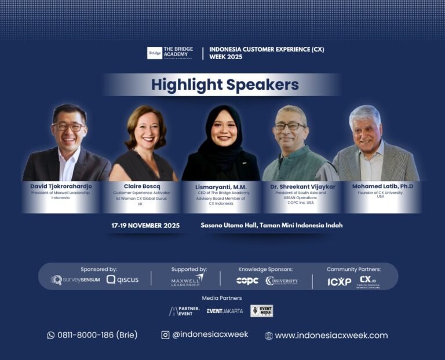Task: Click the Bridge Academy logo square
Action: click(155, 53)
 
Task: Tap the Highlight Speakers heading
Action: click(225, 85)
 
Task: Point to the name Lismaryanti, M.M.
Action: click(221, 186)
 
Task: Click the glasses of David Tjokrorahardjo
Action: click(69, 126)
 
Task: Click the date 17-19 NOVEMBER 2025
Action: click(145, 225)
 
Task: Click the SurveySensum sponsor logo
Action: click(75, 280)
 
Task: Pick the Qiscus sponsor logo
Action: click(122, 280)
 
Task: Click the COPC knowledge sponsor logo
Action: click(247, 280)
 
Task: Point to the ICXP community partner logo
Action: click(339, 282)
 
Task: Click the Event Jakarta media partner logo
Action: click(225, 311)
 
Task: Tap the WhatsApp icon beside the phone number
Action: click(50, 335)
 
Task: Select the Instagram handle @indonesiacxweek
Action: click(210, 335)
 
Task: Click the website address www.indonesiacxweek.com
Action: click(331, 335)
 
